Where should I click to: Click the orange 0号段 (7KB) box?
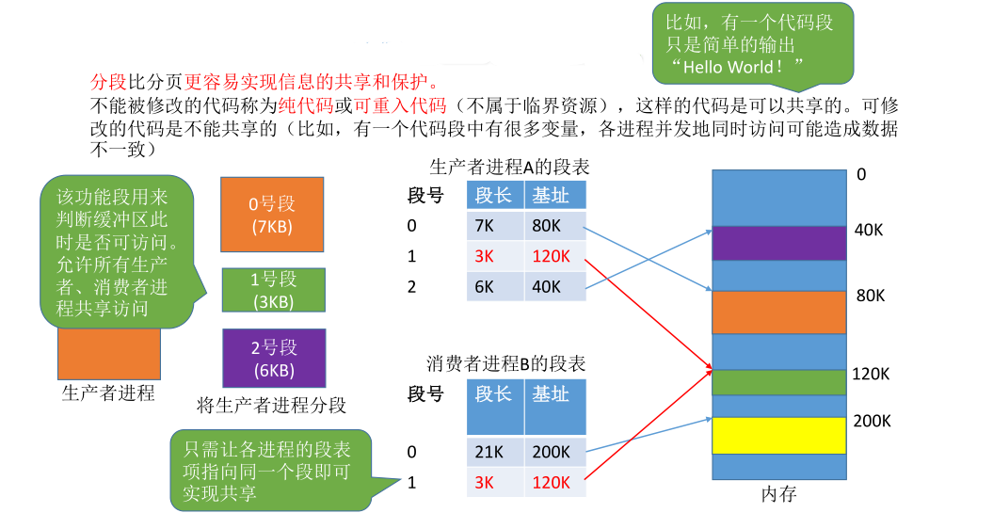pos(271,214)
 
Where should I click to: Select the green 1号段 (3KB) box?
pos(274,290)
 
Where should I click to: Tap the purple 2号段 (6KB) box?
pos(274,359)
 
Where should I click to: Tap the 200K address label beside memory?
pos(872,421)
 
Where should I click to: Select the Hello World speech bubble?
pos(752,42)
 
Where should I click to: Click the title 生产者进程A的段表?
pos(509,168)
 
